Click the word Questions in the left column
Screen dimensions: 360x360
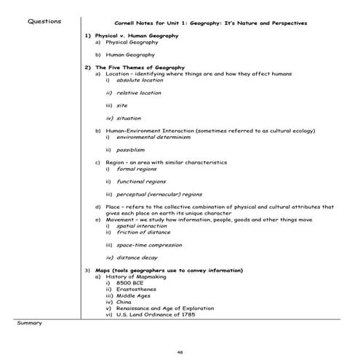click(44, 21)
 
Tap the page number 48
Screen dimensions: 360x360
click(180, 351)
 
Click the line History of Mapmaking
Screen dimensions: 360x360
click(135, 276)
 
